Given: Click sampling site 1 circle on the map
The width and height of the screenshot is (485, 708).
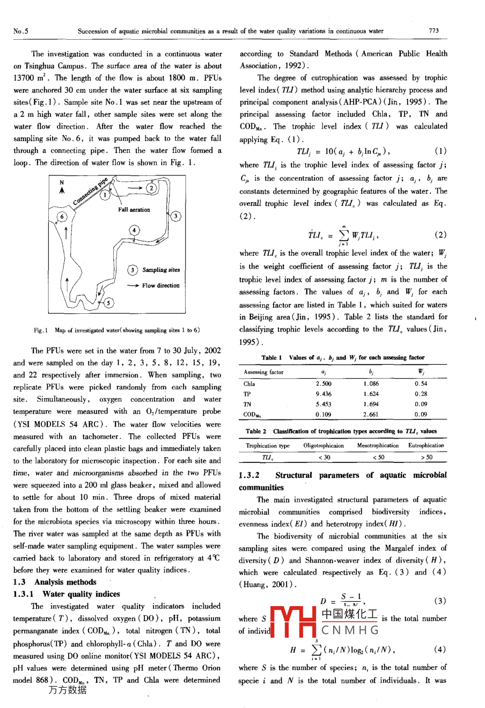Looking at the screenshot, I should (x=106, y=195).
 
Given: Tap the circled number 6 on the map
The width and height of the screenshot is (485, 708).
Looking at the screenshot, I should (x=62, y=216).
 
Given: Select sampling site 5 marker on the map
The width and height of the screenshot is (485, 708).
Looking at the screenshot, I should (x=108, y=303).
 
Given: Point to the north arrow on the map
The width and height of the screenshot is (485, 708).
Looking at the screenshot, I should (x=62, y=187).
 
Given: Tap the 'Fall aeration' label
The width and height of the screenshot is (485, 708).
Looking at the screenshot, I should (x=134, y=210).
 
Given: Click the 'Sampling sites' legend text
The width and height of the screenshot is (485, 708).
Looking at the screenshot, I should (x=161, y=270).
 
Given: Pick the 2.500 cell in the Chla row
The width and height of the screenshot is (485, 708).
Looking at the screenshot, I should (x=324, y=384).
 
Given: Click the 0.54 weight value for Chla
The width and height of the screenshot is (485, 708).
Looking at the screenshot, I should (x=421, y=384).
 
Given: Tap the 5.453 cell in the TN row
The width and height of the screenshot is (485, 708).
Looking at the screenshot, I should (x=324, y=404).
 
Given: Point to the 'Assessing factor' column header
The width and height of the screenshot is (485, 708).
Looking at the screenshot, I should (x=263, y=372).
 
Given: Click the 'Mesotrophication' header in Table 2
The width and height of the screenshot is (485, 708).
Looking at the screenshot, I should (x=378, y=445).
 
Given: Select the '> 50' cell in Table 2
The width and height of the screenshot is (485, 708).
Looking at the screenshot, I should (x=426, y=458).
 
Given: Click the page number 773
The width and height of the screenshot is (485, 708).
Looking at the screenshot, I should (x=434, y=31).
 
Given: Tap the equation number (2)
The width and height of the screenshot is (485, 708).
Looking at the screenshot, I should (x=440, y=234).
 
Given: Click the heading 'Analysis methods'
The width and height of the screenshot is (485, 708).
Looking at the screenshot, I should (x=65, y=582).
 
